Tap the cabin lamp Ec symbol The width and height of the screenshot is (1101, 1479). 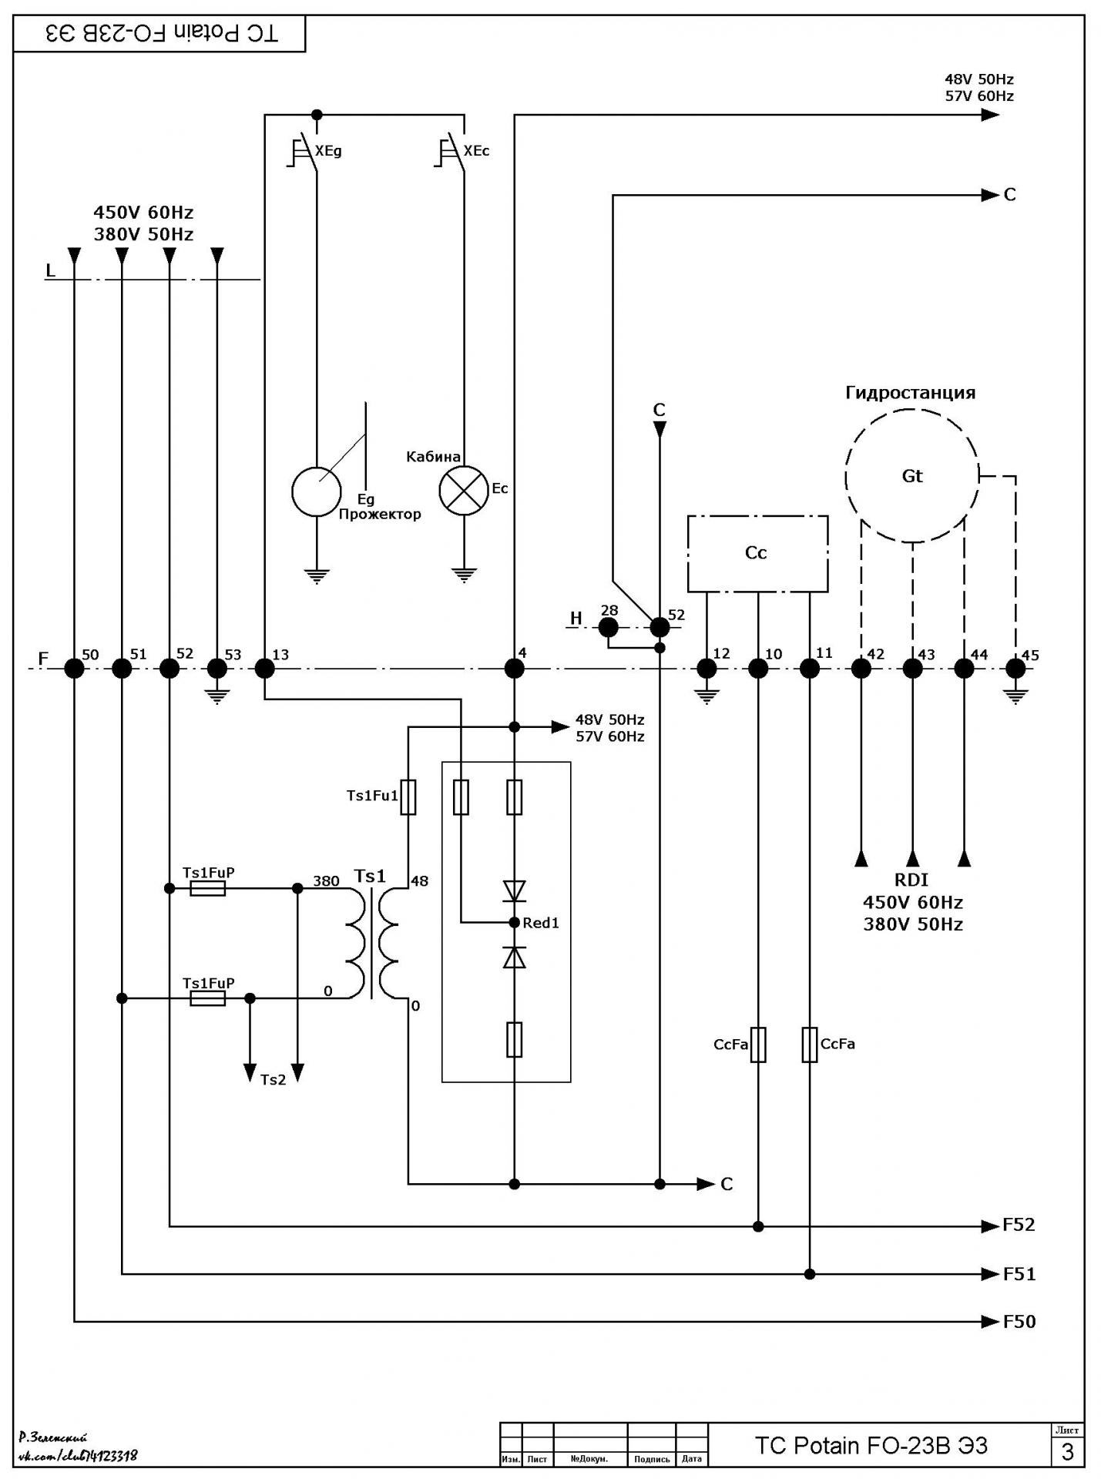464,490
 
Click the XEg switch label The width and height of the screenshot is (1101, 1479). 328,151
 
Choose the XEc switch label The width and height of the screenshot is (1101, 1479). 476,150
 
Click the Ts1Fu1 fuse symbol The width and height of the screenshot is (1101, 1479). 408,797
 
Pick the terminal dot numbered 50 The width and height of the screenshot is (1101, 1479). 74,668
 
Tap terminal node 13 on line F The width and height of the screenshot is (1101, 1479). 264,668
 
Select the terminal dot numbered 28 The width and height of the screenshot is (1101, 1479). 609,628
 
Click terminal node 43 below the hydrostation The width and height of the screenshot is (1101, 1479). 912,668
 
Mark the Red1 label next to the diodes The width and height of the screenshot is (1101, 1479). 541,923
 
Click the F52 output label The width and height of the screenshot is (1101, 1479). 1019,1225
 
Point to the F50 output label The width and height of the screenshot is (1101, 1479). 1019,1322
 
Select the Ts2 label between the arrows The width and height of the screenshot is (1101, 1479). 273,1079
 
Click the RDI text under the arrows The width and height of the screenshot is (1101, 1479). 911,880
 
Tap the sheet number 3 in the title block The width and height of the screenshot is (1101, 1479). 1067,1451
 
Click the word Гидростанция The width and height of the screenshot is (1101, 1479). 911,393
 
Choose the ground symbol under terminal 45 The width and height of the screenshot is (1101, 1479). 1016,696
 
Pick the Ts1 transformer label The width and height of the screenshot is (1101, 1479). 370,876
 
